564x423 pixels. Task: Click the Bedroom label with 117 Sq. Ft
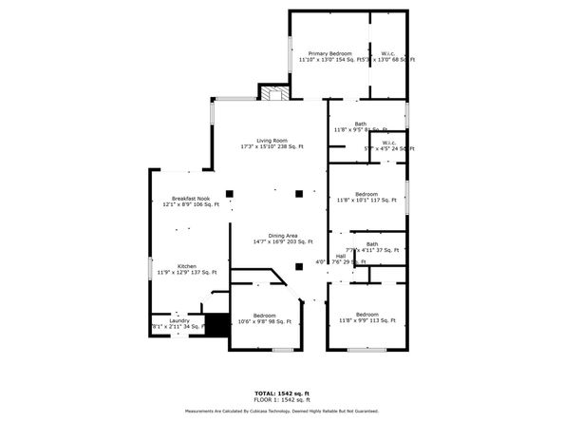(367, 197)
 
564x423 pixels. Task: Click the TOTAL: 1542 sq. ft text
(281, 392)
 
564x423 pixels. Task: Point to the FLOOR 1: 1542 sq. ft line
(281, 398)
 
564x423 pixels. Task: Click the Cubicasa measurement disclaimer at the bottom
(281, 411)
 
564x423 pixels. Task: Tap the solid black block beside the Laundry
(217, 324)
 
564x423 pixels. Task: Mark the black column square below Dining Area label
(298, 266)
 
